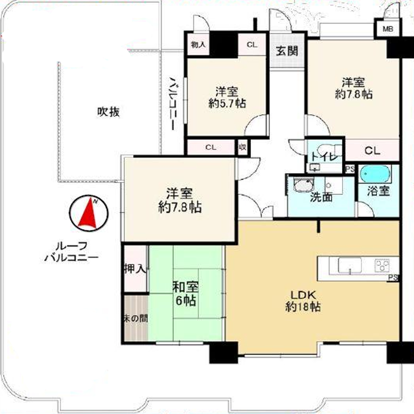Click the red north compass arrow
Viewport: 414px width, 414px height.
tap(88, 214)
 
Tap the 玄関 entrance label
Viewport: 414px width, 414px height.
tap(287, 51)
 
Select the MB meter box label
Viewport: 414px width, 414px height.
tap(387, 29)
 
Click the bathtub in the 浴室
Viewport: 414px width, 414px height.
tap(375, 174)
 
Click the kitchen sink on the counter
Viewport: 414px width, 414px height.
tap(350, 265)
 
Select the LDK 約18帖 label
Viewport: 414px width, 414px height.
tap(303, 301)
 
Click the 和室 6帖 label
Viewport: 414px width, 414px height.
tap(185, 294)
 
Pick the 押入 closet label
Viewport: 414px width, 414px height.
tap(135, 269)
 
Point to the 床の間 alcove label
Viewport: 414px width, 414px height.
tap(136, 319)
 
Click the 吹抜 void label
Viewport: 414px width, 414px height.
tap(108, 112)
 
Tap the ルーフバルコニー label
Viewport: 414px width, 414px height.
tap(71, 252)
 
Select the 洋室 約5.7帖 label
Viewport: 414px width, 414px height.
tap(227, 98)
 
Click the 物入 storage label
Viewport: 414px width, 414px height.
tap(198, 45)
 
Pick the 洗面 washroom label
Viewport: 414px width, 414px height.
tap(321, 197)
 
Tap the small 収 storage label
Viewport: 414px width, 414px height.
tap(242, 148)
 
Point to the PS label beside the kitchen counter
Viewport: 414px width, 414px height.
tap(393, 278)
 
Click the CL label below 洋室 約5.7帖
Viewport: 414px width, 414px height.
tap(211, 148)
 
